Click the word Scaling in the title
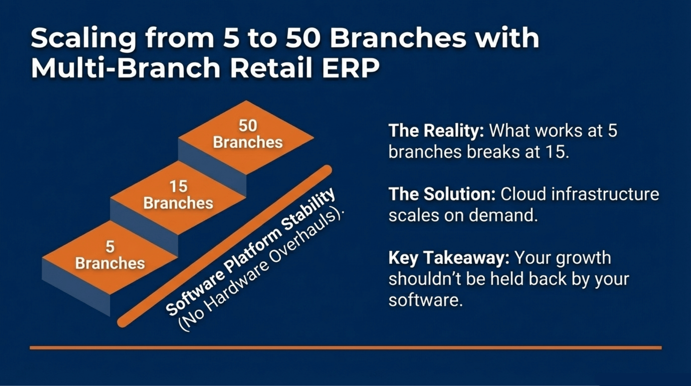[83, 39]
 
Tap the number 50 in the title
[303, 38]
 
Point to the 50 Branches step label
[248, 134]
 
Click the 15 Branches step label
[178, 195]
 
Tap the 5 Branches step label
[110, 255]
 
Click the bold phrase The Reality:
[436, 131]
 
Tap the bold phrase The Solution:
[442, 195]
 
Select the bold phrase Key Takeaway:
[448, 258]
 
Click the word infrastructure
[605, 195]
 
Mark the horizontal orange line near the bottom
[345, 348]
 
